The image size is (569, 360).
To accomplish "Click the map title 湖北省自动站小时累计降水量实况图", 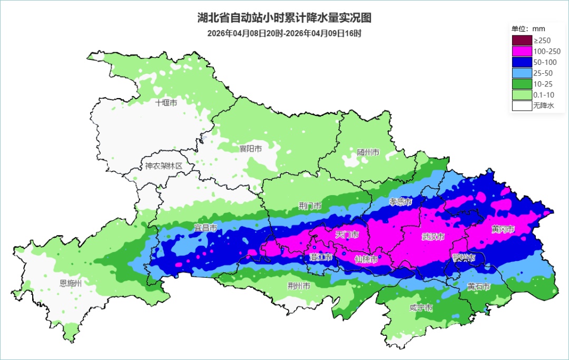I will click(x=284, y=18).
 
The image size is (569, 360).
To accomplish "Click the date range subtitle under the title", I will click(x=284, y=33).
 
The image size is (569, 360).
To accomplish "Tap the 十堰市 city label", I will click(x=166, y=103).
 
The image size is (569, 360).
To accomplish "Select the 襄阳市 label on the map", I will click(x=250, y=149).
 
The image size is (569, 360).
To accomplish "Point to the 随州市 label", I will click(x=368, y=152).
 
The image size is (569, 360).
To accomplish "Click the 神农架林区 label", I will click(x=163, y=166).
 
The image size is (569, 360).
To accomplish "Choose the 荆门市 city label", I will click(x=310, y=206).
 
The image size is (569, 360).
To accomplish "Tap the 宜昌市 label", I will click(x=205, y=228).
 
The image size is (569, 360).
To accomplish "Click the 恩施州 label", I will click(x=71, y=283).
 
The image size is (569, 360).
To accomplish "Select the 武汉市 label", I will click(x=433, y=237).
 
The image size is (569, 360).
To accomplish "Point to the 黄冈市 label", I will click(x=503, y=229).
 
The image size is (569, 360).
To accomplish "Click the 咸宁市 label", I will click(x=421, y=308).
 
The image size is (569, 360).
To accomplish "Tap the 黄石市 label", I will click(x=478, y=287).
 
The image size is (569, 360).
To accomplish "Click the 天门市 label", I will click(x=347, y=234).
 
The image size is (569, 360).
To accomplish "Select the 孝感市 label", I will click(x=400, y=202).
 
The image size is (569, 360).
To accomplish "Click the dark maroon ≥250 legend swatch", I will click(x=522, y=40).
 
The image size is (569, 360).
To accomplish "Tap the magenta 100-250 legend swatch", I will click(x=522, y=51).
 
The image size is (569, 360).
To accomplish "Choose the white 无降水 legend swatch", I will click(x=522, y=105).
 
